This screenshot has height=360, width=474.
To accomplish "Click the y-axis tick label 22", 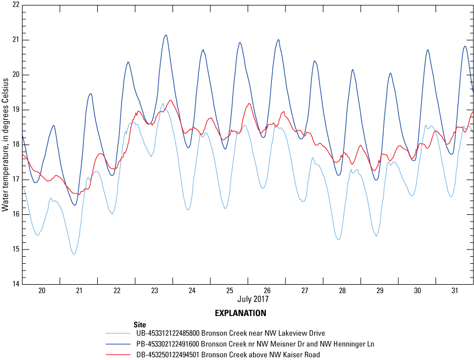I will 15,5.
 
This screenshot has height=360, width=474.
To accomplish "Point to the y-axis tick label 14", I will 15,284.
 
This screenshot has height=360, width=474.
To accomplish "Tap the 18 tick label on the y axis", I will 15,145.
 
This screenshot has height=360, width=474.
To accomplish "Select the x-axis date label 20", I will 41,291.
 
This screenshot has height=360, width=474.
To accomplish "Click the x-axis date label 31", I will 455,291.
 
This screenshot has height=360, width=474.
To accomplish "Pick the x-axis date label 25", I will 229,291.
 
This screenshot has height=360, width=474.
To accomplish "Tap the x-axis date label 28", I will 342,291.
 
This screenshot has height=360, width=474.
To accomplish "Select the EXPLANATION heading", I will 241,313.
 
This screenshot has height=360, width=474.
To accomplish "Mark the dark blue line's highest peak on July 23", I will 166,35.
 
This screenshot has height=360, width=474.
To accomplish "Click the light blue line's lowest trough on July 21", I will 74,254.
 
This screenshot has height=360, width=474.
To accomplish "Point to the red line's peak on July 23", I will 171,100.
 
